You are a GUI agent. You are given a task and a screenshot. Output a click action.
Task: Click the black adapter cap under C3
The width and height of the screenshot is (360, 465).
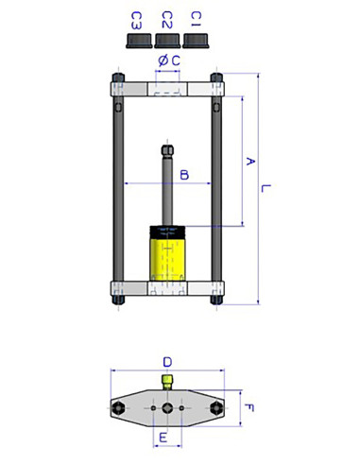tap(137, 39)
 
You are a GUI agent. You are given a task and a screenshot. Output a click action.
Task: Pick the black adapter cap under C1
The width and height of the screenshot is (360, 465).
tap(197, 39)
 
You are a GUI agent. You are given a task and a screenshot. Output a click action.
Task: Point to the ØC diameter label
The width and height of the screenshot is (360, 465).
tap(166, 61)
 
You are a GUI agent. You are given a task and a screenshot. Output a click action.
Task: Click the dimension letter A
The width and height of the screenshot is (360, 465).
tap(250, 162)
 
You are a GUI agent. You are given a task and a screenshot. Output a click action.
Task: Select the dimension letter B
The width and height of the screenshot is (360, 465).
tap(184, 174)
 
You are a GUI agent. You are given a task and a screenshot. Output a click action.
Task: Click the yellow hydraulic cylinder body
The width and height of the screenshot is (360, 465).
tap(167, 257)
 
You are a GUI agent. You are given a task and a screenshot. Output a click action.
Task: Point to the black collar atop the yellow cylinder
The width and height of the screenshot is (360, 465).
tap(167, 228)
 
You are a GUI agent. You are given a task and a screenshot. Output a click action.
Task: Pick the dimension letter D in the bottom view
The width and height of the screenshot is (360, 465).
tap(167, 361)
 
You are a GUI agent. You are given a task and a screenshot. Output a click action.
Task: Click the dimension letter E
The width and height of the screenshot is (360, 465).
tap(164, 438)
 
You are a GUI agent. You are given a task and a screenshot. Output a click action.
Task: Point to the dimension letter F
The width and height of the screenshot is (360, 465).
tap(249, 408)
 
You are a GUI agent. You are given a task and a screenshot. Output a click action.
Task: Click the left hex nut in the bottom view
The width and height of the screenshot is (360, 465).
tap(118, 407)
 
